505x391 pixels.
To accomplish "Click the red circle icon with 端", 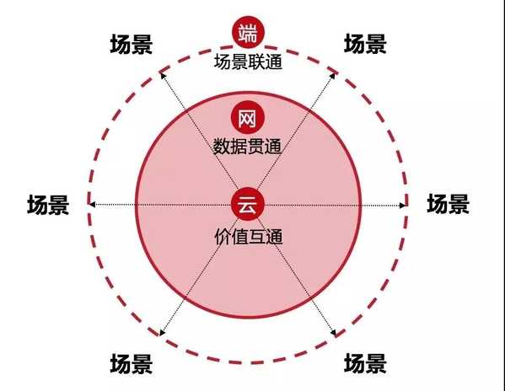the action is point(249,33).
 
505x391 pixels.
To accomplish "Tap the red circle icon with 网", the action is point(247,118).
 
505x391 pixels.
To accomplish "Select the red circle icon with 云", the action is point(248,205).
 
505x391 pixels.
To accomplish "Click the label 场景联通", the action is point(248,62).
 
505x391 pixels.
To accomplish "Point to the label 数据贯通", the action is point(247,147).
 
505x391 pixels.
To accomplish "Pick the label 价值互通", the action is point(249,237).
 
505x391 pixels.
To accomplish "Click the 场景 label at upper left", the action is point(132,44).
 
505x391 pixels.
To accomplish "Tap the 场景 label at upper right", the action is point(365,44).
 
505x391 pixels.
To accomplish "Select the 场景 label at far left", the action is point(48,205).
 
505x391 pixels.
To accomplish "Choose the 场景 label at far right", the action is point(448,204).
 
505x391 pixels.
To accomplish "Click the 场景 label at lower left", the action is point(132,364).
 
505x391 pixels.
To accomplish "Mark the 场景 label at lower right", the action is point(365,363).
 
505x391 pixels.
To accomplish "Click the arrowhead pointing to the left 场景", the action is point(92,205).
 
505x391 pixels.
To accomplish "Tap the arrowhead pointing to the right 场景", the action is point(402,205).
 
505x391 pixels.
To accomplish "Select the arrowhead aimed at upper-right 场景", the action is point(333,75).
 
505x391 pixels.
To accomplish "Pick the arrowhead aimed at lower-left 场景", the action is point(163,332).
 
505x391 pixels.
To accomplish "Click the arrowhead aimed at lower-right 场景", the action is point(333,333).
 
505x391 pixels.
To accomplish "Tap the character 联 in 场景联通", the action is point(256,62).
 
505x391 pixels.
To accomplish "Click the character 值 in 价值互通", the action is point(239,237).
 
